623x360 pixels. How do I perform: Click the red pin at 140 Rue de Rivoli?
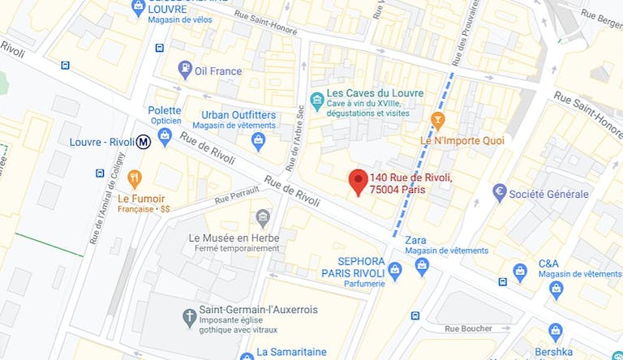[357, 182]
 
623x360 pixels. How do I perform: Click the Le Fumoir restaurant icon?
[135, 179]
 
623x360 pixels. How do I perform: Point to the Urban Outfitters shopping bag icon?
[259, 142]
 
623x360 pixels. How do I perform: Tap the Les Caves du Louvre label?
[374, 93]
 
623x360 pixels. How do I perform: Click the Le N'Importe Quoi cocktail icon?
[438, 122]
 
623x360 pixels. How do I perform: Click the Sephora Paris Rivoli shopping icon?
[395, 270]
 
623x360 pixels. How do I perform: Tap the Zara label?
[415, 240]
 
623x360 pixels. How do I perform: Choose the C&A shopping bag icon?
[556, 289]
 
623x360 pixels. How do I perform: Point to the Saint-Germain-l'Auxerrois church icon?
[188, 315]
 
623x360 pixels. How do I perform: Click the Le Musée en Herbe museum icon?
[262, 217]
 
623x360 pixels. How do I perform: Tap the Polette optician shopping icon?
[165, 138]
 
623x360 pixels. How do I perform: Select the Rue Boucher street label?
[469, 328]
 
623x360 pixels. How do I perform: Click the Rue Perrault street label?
[237, 195]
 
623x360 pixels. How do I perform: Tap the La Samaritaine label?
[290, 352]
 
